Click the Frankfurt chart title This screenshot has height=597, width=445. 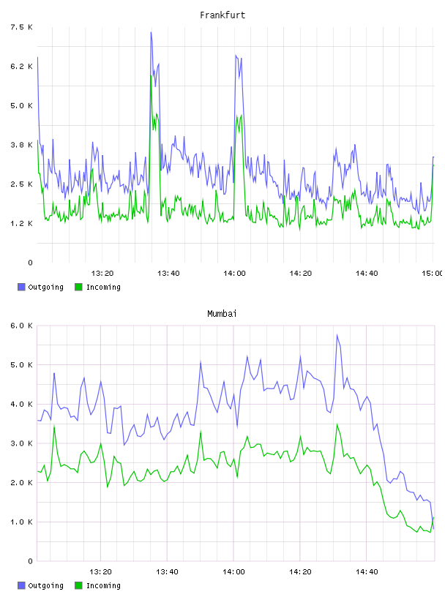222,15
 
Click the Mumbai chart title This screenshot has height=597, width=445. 222,314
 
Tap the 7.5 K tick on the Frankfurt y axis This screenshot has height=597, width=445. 22,27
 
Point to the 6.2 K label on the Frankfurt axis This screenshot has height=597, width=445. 22,67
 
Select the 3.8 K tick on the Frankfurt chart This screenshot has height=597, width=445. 22,145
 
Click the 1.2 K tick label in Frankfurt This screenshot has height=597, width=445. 22,223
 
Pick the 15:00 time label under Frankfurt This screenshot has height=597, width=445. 432,273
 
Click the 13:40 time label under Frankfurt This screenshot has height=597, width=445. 168,273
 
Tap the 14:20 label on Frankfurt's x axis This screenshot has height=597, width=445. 301,273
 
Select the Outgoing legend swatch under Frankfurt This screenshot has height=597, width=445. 21,287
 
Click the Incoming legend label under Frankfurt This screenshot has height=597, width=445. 103,287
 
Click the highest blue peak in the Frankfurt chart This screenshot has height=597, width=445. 152,32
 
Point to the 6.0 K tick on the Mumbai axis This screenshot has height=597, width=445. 22,326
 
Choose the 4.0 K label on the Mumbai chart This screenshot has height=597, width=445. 22,404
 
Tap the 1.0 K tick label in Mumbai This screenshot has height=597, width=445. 22,522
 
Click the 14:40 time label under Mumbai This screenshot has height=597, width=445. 367,571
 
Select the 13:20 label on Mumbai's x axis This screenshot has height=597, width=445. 100,571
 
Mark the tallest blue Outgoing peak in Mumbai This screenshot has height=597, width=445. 337,335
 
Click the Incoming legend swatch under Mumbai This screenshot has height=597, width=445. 78,585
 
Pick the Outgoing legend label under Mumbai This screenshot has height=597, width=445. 45,585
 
